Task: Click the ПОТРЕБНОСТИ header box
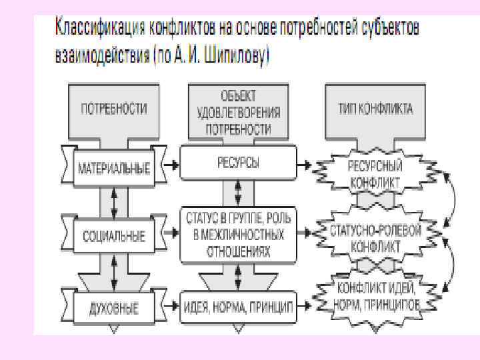(x=114, y=109)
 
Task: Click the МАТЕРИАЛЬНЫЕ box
(x=113, y=167)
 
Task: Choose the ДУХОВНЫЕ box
(x=114, y=308)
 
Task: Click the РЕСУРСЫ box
(x=238, y=163)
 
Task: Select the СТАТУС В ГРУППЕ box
(x=238, y=235)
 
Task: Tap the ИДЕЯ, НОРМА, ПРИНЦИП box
(x=238, y=306)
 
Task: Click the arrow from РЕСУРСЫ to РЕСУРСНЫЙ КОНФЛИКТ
(x=304, y=163)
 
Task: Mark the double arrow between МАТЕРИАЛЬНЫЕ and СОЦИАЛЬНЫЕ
(x=114, y=201)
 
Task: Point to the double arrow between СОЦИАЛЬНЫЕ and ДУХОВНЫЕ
(x=114, y=272)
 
